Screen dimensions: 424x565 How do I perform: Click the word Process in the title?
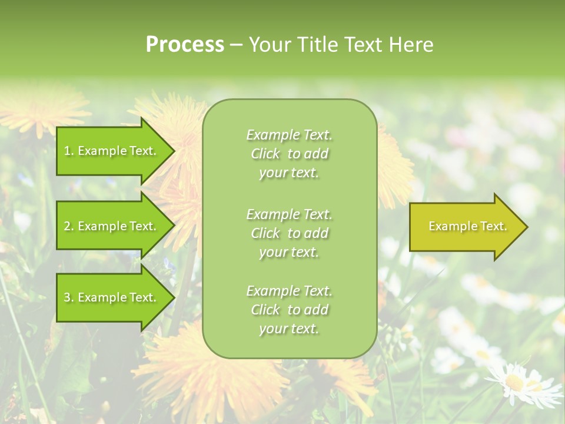pos(185,45)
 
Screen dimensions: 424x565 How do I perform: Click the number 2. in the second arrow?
pos(69,226)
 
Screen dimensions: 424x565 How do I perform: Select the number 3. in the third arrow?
pos(69,297)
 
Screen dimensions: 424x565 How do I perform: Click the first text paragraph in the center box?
pos(289,154)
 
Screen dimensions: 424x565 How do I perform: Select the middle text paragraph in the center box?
pos(289,233)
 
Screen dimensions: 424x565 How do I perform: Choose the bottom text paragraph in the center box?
pos(289,310)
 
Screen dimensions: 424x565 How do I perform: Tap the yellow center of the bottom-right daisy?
pos(514,382)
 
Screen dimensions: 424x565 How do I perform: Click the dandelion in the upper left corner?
pos(41,106)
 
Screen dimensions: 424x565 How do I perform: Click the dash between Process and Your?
pos(235,45)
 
